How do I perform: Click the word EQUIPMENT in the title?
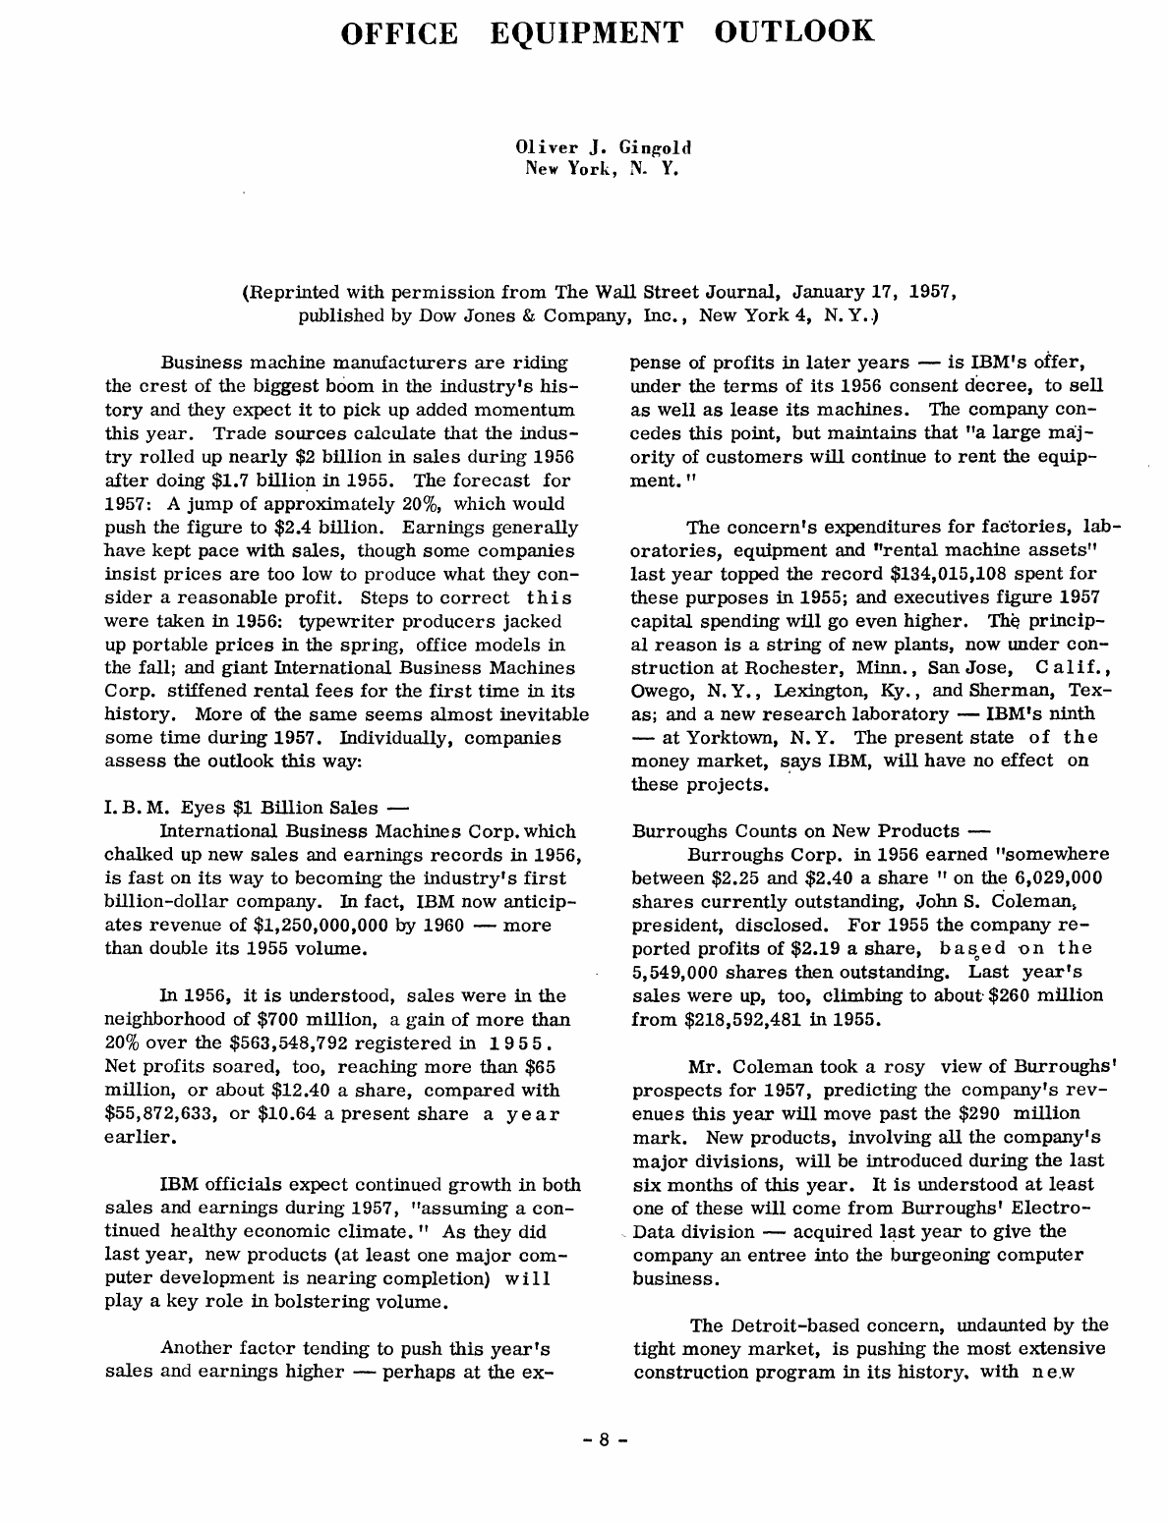(585, 32)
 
